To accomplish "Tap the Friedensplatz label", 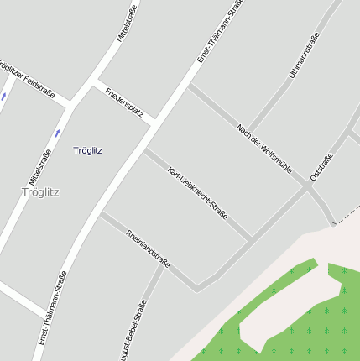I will pyautogui.click(x=124, y=101).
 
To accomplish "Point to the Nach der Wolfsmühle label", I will pyautogui.click(x=264, y=149).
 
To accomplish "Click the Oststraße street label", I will pyautogui.click(x=321, y=166).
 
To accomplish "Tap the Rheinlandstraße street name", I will pyautogui.click(x=148, y=249).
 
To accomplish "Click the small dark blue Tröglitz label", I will pyautogui.click(x=87, y=150).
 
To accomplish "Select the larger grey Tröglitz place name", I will pyautogui.click(x=40, y=191).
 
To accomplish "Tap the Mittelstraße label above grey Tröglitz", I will pyautogui.click(x=39, y=166).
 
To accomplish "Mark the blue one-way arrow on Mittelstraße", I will pyautogui.click(x=58, y=133).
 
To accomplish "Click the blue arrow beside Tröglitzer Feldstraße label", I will pyautogui.click(x=3, y=97).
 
